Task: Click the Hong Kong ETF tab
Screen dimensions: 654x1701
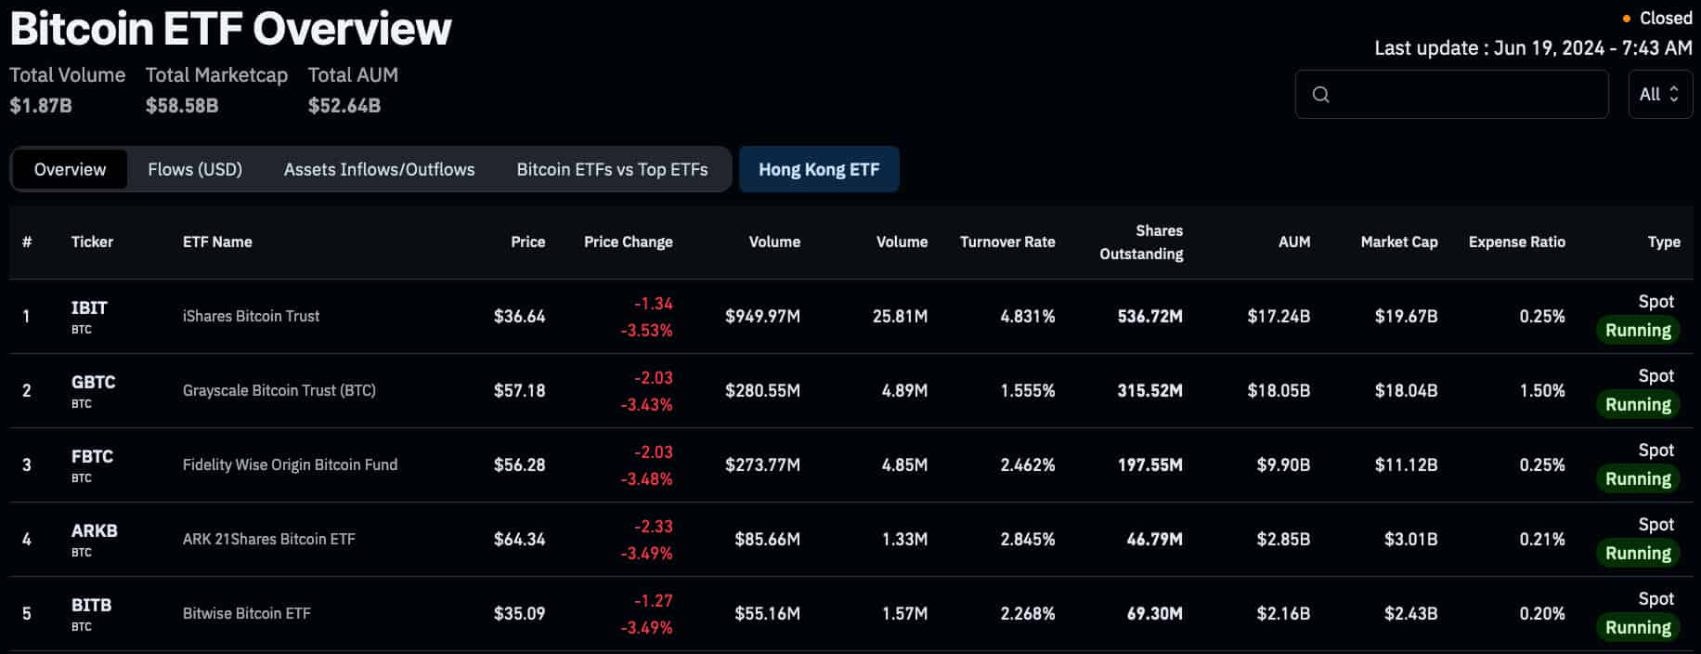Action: (818, 169)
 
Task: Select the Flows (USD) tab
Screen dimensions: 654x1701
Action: (195, 169)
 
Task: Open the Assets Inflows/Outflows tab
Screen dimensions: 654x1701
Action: (379, 169)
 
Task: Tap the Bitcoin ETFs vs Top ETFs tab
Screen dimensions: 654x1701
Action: (612, 169)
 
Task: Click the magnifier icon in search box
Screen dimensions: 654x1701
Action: (1320, 94)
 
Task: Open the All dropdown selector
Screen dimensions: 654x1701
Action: (1659, 94)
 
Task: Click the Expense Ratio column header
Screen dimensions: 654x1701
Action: (1516, 242)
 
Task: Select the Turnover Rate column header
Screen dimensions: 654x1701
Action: (1006, 242)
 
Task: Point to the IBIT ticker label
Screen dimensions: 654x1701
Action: (89, 307)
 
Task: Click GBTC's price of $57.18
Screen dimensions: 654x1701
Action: (519, 390)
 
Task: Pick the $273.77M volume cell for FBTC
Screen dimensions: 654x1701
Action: (762, 464)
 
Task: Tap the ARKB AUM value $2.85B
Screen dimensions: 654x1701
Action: (1283, 539)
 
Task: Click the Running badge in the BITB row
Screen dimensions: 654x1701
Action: (1638, 627)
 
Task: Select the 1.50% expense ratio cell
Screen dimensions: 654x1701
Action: (1541, 390)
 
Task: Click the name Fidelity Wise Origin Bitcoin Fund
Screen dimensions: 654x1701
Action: (290, 464)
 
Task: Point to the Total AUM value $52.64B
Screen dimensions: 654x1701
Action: (344, 105)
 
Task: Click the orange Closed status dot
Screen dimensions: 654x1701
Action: (1626, 19)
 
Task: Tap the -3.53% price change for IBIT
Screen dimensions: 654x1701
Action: (646, 330)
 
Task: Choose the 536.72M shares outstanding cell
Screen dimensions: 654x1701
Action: (1149, 316)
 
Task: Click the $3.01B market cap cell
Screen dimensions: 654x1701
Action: (1410, 539)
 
